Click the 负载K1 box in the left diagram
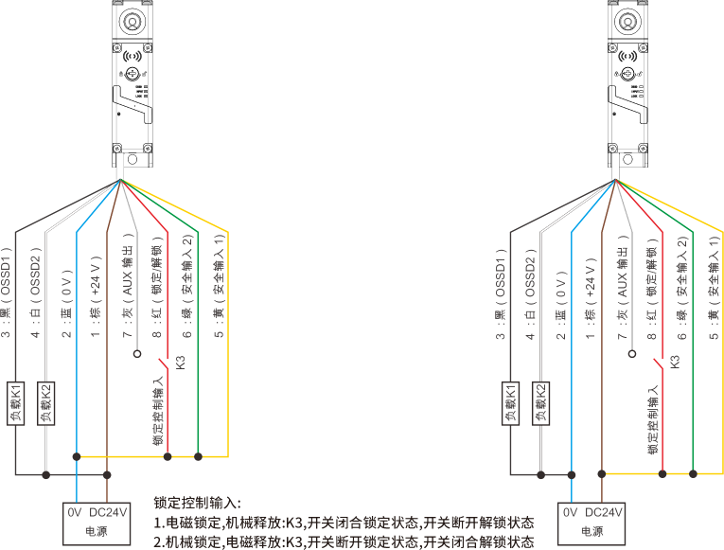click(x=15, y=403)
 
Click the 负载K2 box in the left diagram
click(x=44, y=403)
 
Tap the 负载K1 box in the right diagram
click(x=512, y=403)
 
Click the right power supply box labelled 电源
click(x=590, y=522)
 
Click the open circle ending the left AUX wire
click(x=137, y=353)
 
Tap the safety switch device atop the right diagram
click(x=627, y=80)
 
